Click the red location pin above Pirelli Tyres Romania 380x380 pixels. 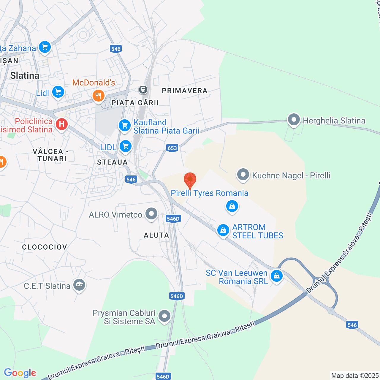(x=190, y=180)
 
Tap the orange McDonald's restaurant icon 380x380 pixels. (x=98, y=96)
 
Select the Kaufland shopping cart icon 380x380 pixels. (x=125, y=125)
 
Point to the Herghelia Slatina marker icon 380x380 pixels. (x=294, y=120)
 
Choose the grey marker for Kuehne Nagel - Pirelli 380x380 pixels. (x=243, y=175)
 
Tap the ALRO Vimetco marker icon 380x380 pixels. (x=151, y=214)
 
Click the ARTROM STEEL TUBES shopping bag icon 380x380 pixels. (x=223, y=230)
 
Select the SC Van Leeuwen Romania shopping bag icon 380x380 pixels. (x=277, y=276)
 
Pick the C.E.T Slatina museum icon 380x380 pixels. (x=79, y=285)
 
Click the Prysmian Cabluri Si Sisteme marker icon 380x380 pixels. (x=164, y=316)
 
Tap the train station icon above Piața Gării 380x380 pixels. (x=143, y=89)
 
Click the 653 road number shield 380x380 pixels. (x=172, y=148)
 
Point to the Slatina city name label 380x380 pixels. (x=25, y=75)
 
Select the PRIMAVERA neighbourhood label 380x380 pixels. (x=185, y=91)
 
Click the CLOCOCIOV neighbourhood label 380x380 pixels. (x=45, y=247)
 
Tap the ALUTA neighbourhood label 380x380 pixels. (x=156, y=235)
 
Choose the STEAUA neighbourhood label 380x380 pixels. (x=113, y=162)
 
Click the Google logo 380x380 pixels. (x=20, y=373)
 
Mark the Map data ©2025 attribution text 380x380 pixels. (x=355, y=376)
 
